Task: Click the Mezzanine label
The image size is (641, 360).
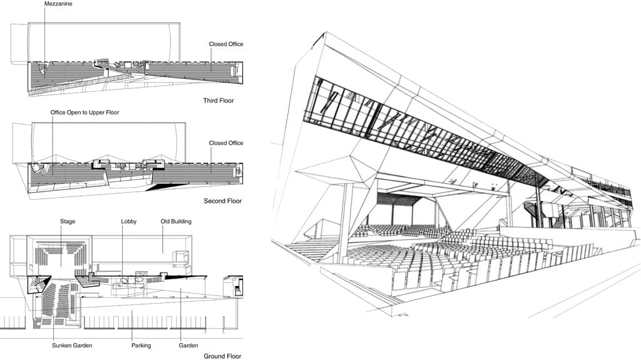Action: click(x=58, y=4)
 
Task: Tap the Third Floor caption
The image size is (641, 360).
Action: click(x=218, y=101)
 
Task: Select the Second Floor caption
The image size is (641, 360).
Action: click(x=222, y=201)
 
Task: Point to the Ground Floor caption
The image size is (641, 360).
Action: click(x=222, y=356)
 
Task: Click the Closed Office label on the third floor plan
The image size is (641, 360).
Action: click(x=226, y=44)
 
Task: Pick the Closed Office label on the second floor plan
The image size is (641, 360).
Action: click(x=226, y=143)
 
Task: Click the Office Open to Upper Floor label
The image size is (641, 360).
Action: click(x=85, y=113)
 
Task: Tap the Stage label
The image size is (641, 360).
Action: click(x=68, y=221)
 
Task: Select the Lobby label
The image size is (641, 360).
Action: click(x=129, y=221)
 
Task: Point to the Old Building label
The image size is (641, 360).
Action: click(x=176, y=221)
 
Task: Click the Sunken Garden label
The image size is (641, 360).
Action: click(x=72, y=345)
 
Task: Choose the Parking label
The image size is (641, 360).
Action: click(x=141, y=346)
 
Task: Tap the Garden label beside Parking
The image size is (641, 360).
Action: click(x=188, y=345)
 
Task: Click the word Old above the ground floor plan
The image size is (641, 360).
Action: click(x=165, y=221)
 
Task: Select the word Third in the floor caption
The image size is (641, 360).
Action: click(x=210, y=101)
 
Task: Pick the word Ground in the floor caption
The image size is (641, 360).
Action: click(x=214, y=356)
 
